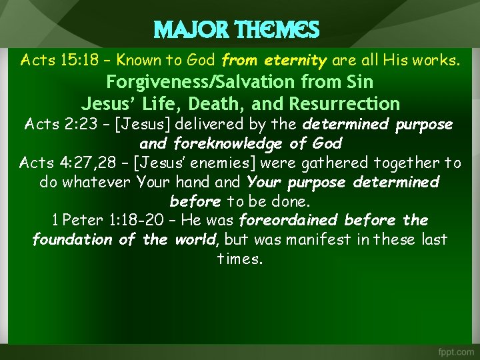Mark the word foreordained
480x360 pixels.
click(289, 220)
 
